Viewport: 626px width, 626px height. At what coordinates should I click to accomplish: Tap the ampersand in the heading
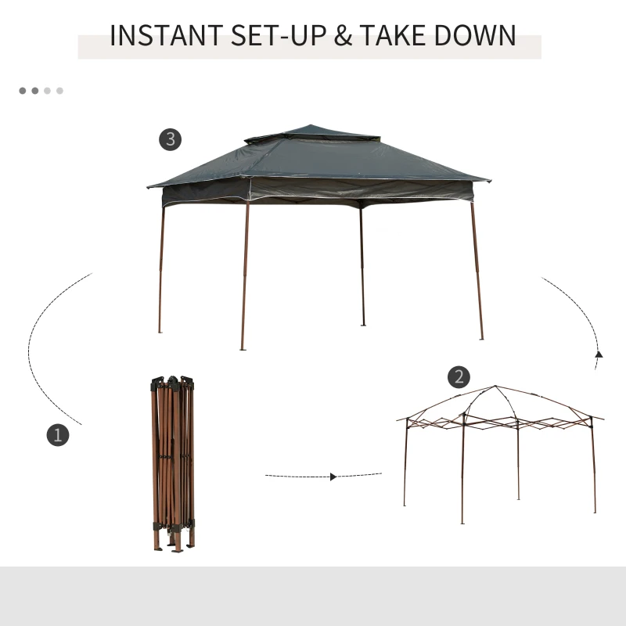click(x=343, y=37)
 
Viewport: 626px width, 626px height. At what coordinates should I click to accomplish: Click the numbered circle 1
click(x=57, y=435)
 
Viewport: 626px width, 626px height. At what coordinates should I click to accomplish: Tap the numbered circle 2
click(x=459, y=377)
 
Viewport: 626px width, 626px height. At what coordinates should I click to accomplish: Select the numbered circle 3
click(x=170, y=140)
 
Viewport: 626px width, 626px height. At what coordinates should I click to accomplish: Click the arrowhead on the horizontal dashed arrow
click(x=334, y=476)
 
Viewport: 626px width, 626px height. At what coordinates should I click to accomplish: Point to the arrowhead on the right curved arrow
click(x=599, y=355)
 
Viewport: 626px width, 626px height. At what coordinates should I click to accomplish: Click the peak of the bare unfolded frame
click(x=495, y=387)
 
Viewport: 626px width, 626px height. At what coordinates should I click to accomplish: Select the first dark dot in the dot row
click(x=23, y=91)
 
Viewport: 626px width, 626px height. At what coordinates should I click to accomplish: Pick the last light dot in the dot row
click(x=59, y=91)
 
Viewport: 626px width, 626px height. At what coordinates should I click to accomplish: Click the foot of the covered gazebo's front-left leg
click(x=243, y=347)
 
